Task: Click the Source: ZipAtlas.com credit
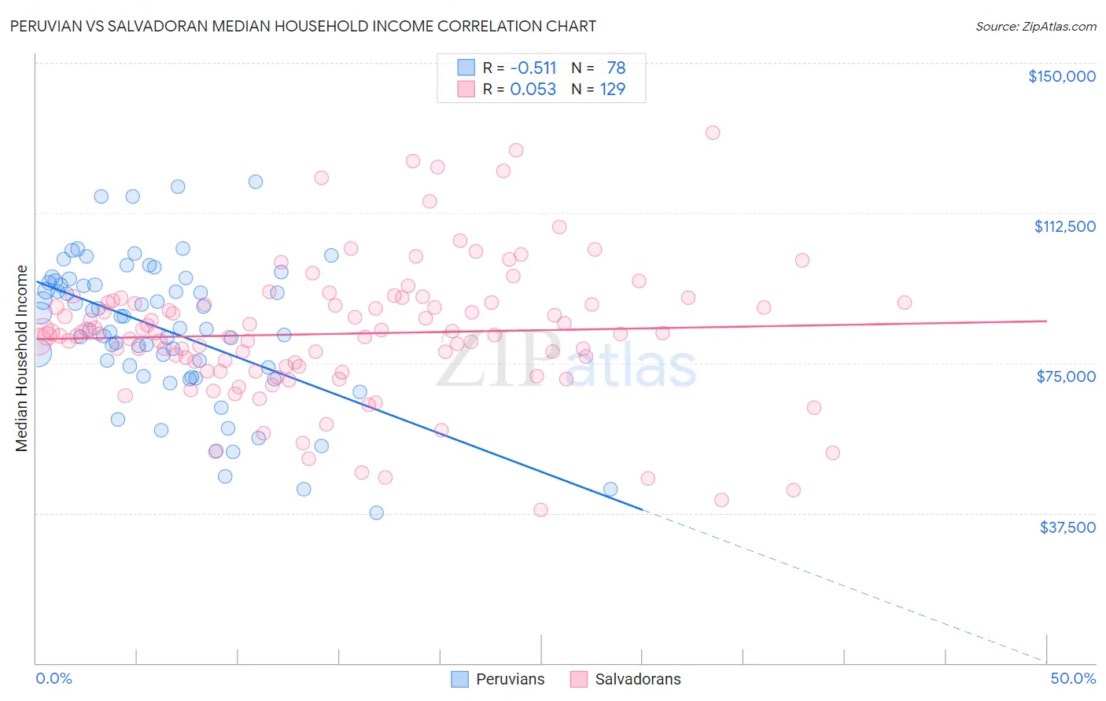pos(1035,26)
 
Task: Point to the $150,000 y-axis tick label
pos(1061,76)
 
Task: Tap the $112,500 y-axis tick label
pos(1064,226)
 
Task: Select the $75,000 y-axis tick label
pos(1066,376)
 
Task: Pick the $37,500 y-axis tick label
pos(1067,527)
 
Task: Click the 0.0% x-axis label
pos(53,678)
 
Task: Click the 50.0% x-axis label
pos(1073,678)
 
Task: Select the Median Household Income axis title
pos(21,358)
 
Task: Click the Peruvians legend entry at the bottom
pos(498,679)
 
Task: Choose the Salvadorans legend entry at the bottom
pos(626,679)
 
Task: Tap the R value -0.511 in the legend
pos(533,68)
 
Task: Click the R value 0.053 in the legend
pos(533,89)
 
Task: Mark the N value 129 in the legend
pos(612,89)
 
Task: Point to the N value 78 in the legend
pos(615,68)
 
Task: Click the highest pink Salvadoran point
pos(713,133)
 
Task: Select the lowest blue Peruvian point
pos(377,512)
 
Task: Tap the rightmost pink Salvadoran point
pos(905,303)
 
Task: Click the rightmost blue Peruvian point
pos(610,490)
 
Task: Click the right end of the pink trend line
pos(1046,321)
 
